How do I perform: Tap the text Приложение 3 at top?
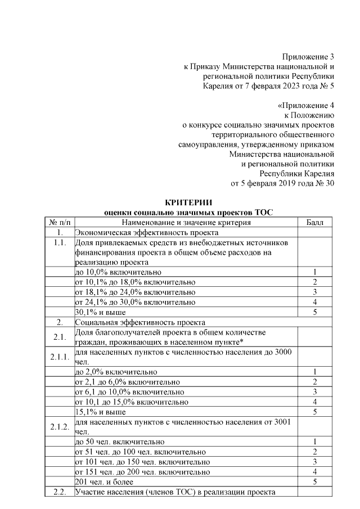pyautogui.click(x=308, y=56)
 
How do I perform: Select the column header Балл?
pyautogui.click(x=314, y=223)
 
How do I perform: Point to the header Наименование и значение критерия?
pyautogui.click(x=187, y=223)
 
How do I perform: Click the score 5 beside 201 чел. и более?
pyautogui.click(x=314, y=482)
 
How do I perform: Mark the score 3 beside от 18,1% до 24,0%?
pyautogui.click(x=314, y=292)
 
